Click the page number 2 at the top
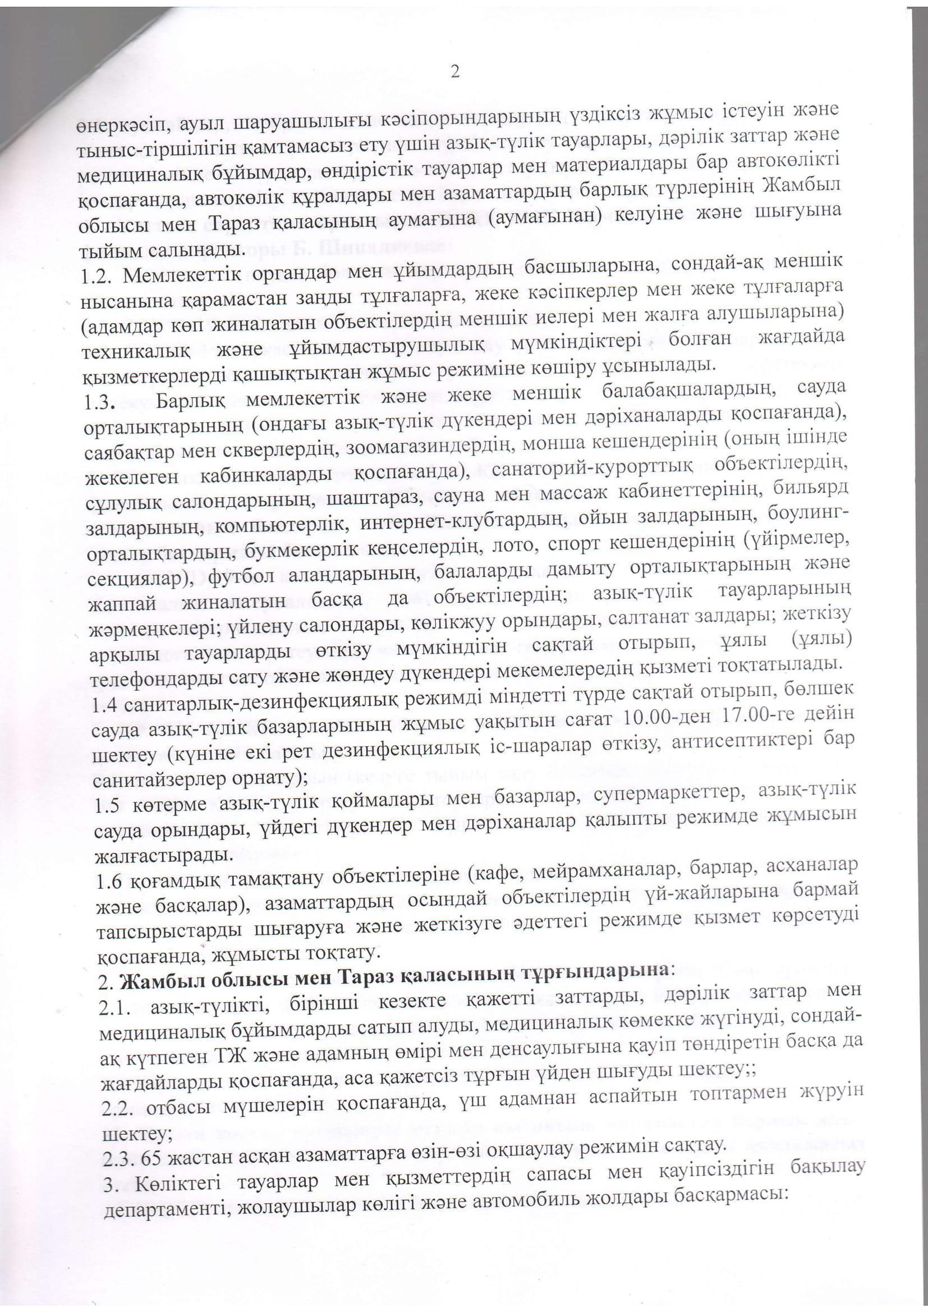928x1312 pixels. (455, 72)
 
